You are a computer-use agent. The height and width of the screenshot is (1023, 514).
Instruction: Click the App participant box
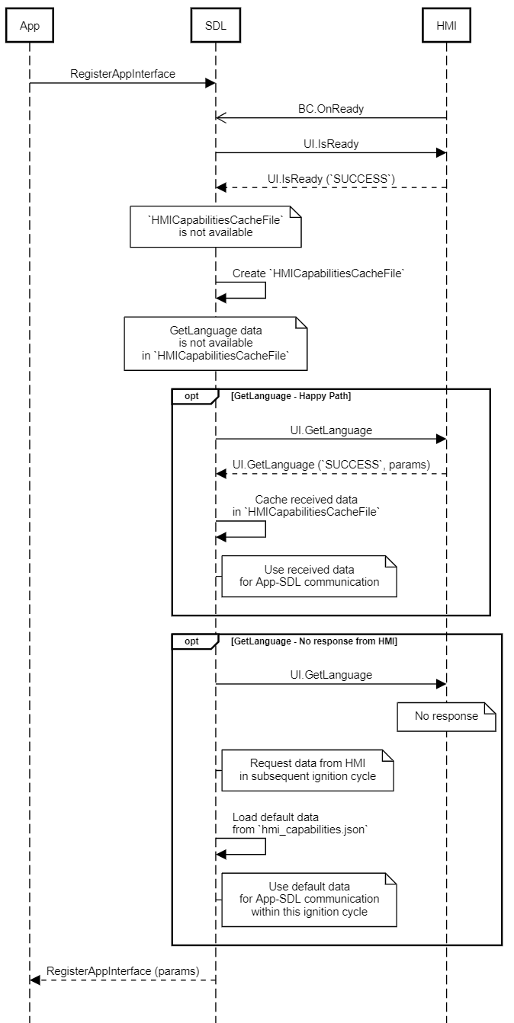coord(30,27)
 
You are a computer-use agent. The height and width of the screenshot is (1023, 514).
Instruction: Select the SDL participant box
coord(216,27)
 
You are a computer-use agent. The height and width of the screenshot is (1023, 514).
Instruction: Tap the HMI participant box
coord(446,27)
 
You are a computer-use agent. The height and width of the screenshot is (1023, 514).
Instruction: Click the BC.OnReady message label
coord(330,109)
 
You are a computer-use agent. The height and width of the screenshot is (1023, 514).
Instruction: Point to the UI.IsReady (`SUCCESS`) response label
coord(331,178)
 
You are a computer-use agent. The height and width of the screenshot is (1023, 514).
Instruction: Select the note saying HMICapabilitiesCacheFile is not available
coord(215,226)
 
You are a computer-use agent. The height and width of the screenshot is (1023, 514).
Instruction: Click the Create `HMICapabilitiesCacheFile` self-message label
coord(317,273)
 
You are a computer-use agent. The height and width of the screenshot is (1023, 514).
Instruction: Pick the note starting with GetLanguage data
coord(215,344)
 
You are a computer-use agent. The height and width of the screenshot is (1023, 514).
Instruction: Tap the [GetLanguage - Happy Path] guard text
coord(291,397)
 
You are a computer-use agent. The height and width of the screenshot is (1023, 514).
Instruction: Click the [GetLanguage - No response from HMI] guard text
coord(313,641)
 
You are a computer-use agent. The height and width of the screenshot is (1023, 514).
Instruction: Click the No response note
coord(446,716)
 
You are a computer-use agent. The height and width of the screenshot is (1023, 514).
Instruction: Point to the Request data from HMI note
coord(309,770)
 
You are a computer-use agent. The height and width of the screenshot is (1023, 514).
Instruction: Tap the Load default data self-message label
coord(300,823)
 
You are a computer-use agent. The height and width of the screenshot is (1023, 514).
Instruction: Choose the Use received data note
coord(309,576)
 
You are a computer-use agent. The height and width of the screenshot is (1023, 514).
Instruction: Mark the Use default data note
coord(309,900)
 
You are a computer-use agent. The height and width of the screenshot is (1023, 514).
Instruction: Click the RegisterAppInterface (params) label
coord(123,971)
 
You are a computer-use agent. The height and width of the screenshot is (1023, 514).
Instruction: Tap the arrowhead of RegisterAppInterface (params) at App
coord(34,980)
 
